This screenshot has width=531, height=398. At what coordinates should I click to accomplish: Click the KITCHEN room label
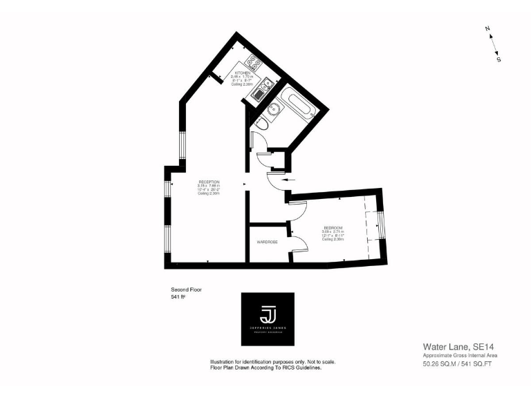(x=242, y=73)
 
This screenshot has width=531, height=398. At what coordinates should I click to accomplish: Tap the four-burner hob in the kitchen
(x=254, y=66)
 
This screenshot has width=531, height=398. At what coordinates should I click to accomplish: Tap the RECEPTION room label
(x=209, y=182)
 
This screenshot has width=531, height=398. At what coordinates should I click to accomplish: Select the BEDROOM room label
(x=335, y=227)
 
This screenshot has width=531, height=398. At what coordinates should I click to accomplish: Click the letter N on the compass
(x=487, y=28)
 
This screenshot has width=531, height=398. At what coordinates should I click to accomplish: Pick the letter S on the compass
(x=499, y=59)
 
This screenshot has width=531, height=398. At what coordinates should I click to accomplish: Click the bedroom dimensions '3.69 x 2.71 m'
(x=335, y=231)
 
